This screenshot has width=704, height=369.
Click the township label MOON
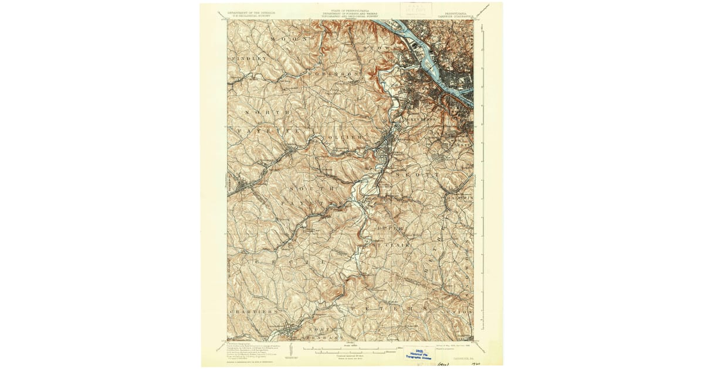pyautogui.click(x=281, y=39)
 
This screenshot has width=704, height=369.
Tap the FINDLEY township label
pyautogui.click(x=249, y=59)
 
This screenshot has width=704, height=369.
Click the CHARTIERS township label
pyautogui.click(x=253, y=312)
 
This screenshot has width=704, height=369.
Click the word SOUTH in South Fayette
pyautogui.click(x=316, y=189)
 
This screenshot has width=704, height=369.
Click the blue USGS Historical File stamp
pyautogui.click(x=419, y=351)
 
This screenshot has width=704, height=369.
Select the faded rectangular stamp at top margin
pyautogui.click(x=416, y=9)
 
